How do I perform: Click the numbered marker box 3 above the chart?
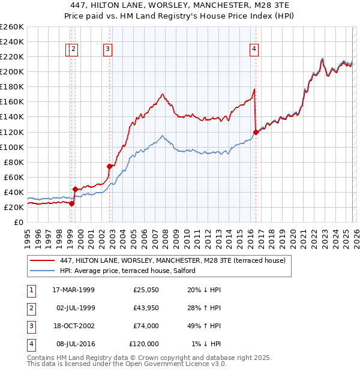107,50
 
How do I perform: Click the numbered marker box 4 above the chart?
254,50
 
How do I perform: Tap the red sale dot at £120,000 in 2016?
256,131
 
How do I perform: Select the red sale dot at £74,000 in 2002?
110,166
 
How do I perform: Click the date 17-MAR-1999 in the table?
73,290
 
